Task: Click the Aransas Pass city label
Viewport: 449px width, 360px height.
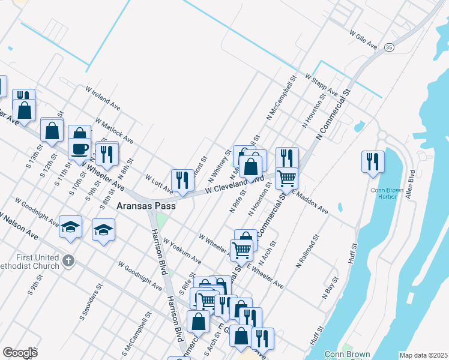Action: (146, 205)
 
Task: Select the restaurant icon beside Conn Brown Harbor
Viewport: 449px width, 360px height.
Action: (373, 161)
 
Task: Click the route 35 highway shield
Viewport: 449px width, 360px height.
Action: (390, 46)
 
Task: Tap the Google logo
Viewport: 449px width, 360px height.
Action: (20, 352)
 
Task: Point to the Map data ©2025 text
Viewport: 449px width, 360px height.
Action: (423, 355)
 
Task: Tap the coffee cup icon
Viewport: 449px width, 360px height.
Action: (80, 148)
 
